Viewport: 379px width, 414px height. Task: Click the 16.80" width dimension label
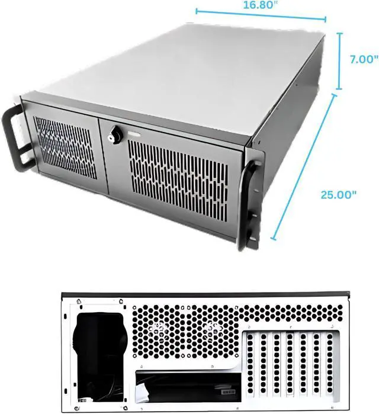(259, 5)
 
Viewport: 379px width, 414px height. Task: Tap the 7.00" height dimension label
(364, 60)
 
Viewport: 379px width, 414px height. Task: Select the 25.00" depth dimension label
(338, 195)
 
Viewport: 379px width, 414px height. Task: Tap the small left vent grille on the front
(66, 147)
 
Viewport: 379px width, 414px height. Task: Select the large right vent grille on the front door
(178, 179)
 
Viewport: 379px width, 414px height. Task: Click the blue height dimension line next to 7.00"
(339, 61)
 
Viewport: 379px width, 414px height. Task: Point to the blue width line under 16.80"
(261, 15)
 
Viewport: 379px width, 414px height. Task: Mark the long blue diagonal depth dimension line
(304, 167)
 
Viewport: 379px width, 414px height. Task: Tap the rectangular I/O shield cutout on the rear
(188, 387)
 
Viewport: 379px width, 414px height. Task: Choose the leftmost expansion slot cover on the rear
(250, 363)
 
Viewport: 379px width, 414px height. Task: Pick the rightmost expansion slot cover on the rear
(330, 363)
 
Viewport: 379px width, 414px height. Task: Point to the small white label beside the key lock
(134, 135)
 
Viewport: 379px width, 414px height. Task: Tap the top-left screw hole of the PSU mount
(78, 301)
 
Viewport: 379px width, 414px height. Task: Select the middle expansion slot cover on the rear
(290, 363)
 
